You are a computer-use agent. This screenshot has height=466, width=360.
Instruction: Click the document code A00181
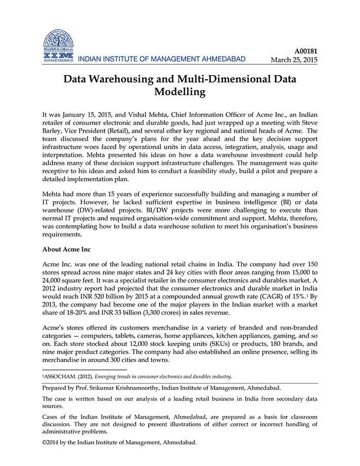(305, 50)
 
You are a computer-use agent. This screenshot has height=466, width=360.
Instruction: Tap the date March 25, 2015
(294, 60)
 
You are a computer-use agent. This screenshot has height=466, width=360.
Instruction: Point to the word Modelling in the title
(180, 93)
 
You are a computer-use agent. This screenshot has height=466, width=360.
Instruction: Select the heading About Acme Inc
(66, 249)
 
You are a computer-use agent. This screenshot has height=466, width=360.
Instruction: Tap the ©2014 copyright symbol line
(119, 442)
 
